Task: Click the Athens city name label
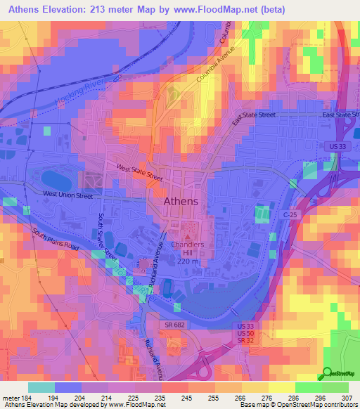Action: (x=180, y=200)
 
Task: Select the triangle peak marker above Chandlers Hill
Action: (x=187, y=235)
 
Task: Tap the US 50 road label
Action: (x=243, y=335)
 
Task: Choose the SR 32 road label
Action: (x=243, y=342)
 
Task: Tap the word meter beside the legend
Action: (x=11, y=396)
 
